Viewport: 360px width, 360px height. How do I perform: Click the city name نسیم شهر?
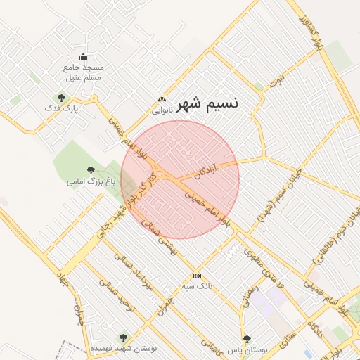207,103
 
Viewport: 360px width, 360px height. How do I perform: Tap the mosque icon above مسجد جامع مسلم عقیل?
84,57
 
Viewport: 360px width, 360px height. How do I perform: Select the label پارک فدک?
61,108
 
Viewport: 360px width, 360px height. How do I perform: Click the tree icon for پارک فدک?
61,98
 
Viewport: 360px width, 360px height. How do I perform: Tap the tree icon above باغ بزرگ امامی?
90,169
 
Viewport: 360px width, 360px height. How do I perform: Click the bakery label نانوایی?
162,110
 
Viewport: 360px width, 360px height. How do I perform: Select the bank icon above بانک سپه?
197,276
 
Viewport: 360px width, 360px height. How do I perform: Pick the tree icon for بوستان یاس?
245,338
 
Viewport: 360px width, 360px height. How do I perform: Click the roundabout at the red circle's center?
161,174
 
